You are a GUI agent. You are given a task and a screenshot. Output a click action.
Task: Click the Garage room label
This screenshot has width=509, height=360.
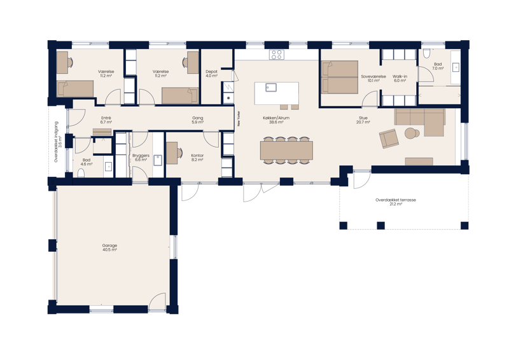pyautogui.click(x=109, y=246)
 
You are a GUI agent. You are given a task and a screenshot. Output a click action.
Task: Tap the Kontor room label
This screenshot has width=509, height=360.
pyautogui.click(x=197, y=155)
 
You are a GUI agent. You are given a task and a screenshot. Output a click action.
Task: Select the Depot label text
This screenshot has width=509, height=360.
pyautogui.click(x=212, y=72)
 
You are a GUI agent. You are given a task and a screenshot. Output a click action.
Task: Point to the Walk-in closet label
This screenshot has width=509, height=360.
pyautogui.click(x=400, y=76)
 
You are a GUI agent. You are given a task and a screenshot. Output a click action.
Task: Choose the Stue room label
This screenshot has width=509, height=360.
pyautogui.click(x=363, y=118)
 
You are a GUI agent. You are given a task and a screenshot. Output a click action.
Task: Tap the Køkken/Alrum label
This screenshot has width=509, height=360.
pyautogui.click(x=276, y=118)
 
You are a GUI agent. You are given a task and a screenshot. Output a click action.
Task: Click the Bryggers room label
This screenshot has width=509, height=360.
pyautogui.click(x=140, y=155)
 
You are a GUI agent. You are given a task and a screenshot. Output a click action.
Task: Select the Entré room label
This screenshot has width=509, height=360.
pyautogui.click(x=106, y=118)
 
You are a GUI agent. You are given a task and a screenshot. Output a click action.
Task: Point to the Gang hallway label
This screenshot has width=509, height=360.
pyautogui.click(x=197, y=118)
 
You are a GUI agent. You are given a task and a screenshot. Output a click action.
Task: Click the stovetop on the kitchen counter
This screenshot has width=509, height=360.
pyautogui.click(x=276, y=55)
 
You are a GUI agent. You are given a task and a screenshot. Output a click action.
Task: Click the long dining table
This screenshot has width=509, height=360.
pyautogui.click(x=286, y=149)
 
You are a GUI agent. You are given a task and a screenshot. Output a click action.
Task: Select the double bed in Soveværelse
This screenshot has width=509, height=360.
pyautogui.click(x=340, y=76)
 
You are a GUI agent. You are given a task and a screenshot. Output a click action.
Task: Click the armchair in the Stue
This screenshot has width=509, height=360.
pyautogui.click(x=387, y=137)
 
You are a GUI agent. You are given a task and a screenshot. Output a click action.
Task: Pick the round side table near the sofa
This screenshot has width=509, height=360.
pyautogui.click(x=410, y=132)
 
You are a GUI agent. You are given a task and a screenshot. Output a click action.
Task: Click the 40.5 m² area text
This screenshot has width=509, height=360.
pyautogui.click(x=109, y=251)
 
